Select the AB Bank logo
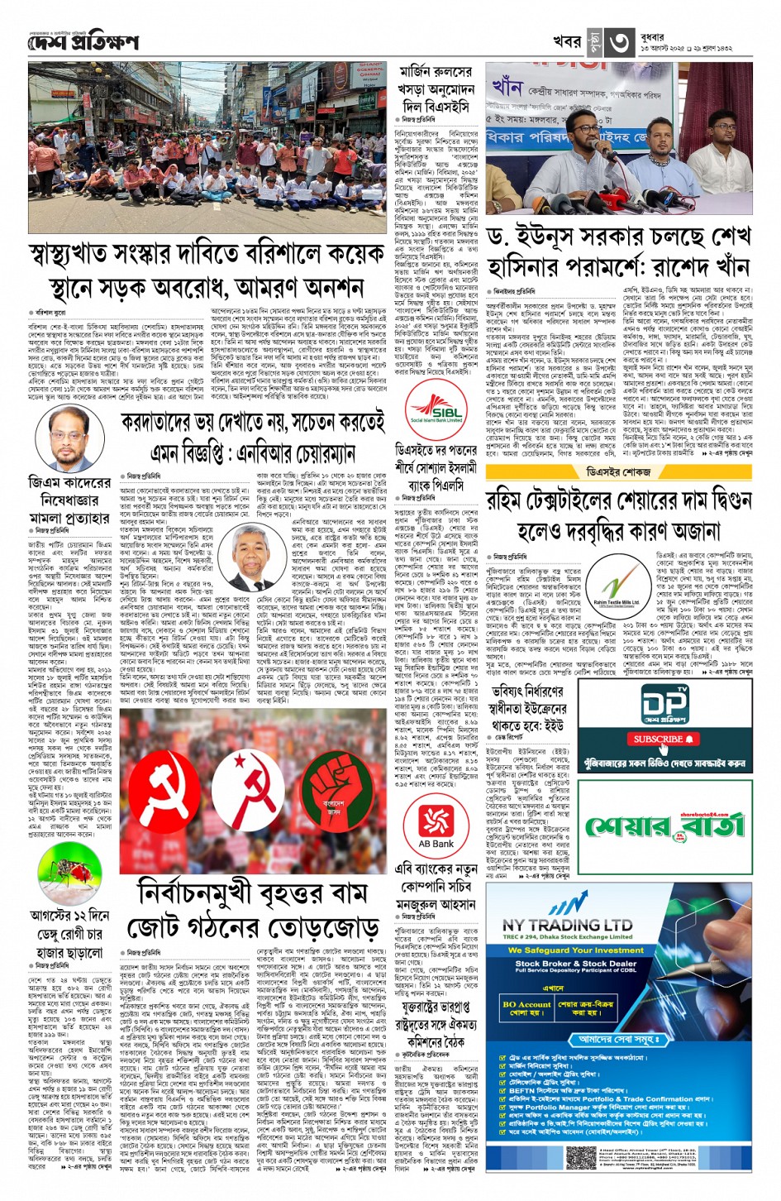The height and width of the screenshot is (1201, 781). pos(436,823)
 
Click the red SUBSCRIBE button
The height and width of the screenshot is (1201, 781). pos(660,739)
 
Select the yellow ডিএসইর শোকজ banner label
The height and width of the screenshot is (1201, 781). pos(620,471)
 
